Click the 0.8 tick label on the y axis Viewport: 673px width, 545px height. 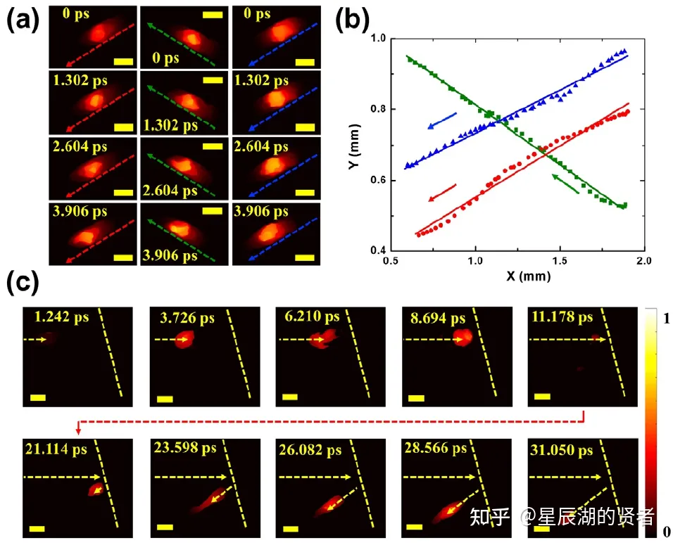point(383,109)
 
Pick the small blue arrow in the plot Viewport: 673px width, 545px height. point(442,121)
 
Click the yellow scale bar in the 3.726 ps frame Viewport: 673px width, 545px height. point(165,399)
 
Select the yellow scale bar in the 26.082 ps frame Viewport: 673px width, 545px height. point(291,526)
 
